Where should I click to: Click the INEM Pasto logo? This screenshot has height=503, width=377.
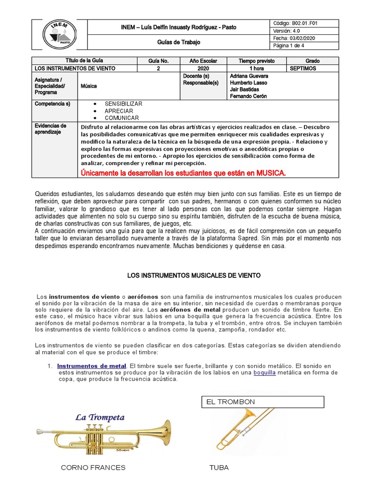point(59,34)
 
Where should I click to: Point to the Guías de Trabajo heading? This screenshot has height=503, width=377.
point(179,42)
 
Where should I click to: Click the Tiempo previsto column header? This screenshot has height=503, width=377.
point(257,61)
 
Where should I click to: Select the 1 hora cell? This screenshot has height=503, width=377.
point(257,69)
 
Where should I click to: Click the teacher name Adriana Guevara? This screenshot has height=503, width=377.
point(249,76)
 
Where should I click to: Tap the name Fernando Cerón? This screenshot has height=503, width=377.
point(248,96)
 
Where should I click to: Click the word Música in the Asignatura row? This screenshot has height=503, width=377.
point(89,86)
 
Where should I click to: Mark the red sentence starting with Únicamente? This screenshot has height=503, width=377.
point(183,173)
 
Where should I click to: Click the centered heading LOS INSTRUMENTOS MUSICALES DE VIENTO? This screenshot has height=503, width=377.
point(194,276)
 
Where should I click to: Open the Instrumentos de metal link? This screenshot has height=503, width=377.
point(92,366)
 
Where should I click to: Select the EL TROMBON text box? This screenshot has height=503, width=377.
point(263,402)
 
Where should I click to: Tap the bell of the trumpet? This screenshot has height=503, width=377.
point(163,431)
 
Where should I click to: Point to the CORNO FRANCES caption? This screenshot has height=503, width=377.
point(93,468)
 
